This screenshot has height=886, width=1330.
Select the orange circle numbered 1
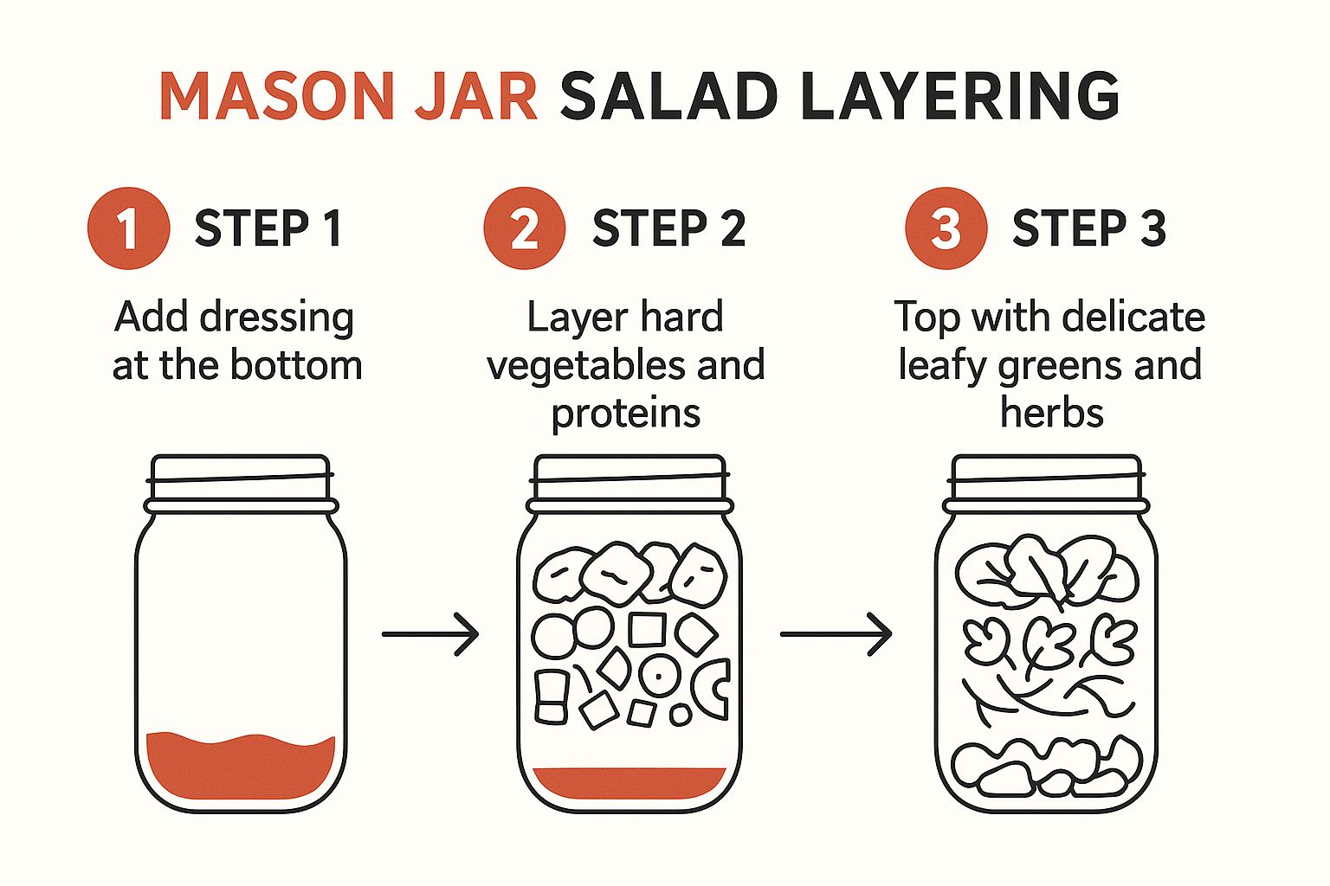point(128,228)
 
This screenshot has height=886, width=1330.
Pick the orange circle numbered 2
point(524,228)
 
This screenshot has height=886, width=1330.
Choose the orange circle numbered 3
point(946,228)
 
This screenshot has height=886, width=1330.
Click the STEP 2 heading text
point(668,228)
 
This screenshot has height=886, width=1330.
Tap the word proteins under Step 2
point(625,414)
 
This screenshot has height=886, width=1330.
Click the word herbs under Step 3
point(1051,414)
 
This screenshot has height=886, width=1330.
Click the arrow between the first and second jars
point(430,634)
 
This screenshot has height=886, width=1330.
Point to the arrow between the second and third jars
point(836,634)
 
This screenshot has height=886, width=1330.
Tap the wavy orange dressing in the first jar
point(240,767)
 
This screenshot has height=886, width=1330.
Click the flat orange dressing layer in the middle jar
point(629,782)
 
